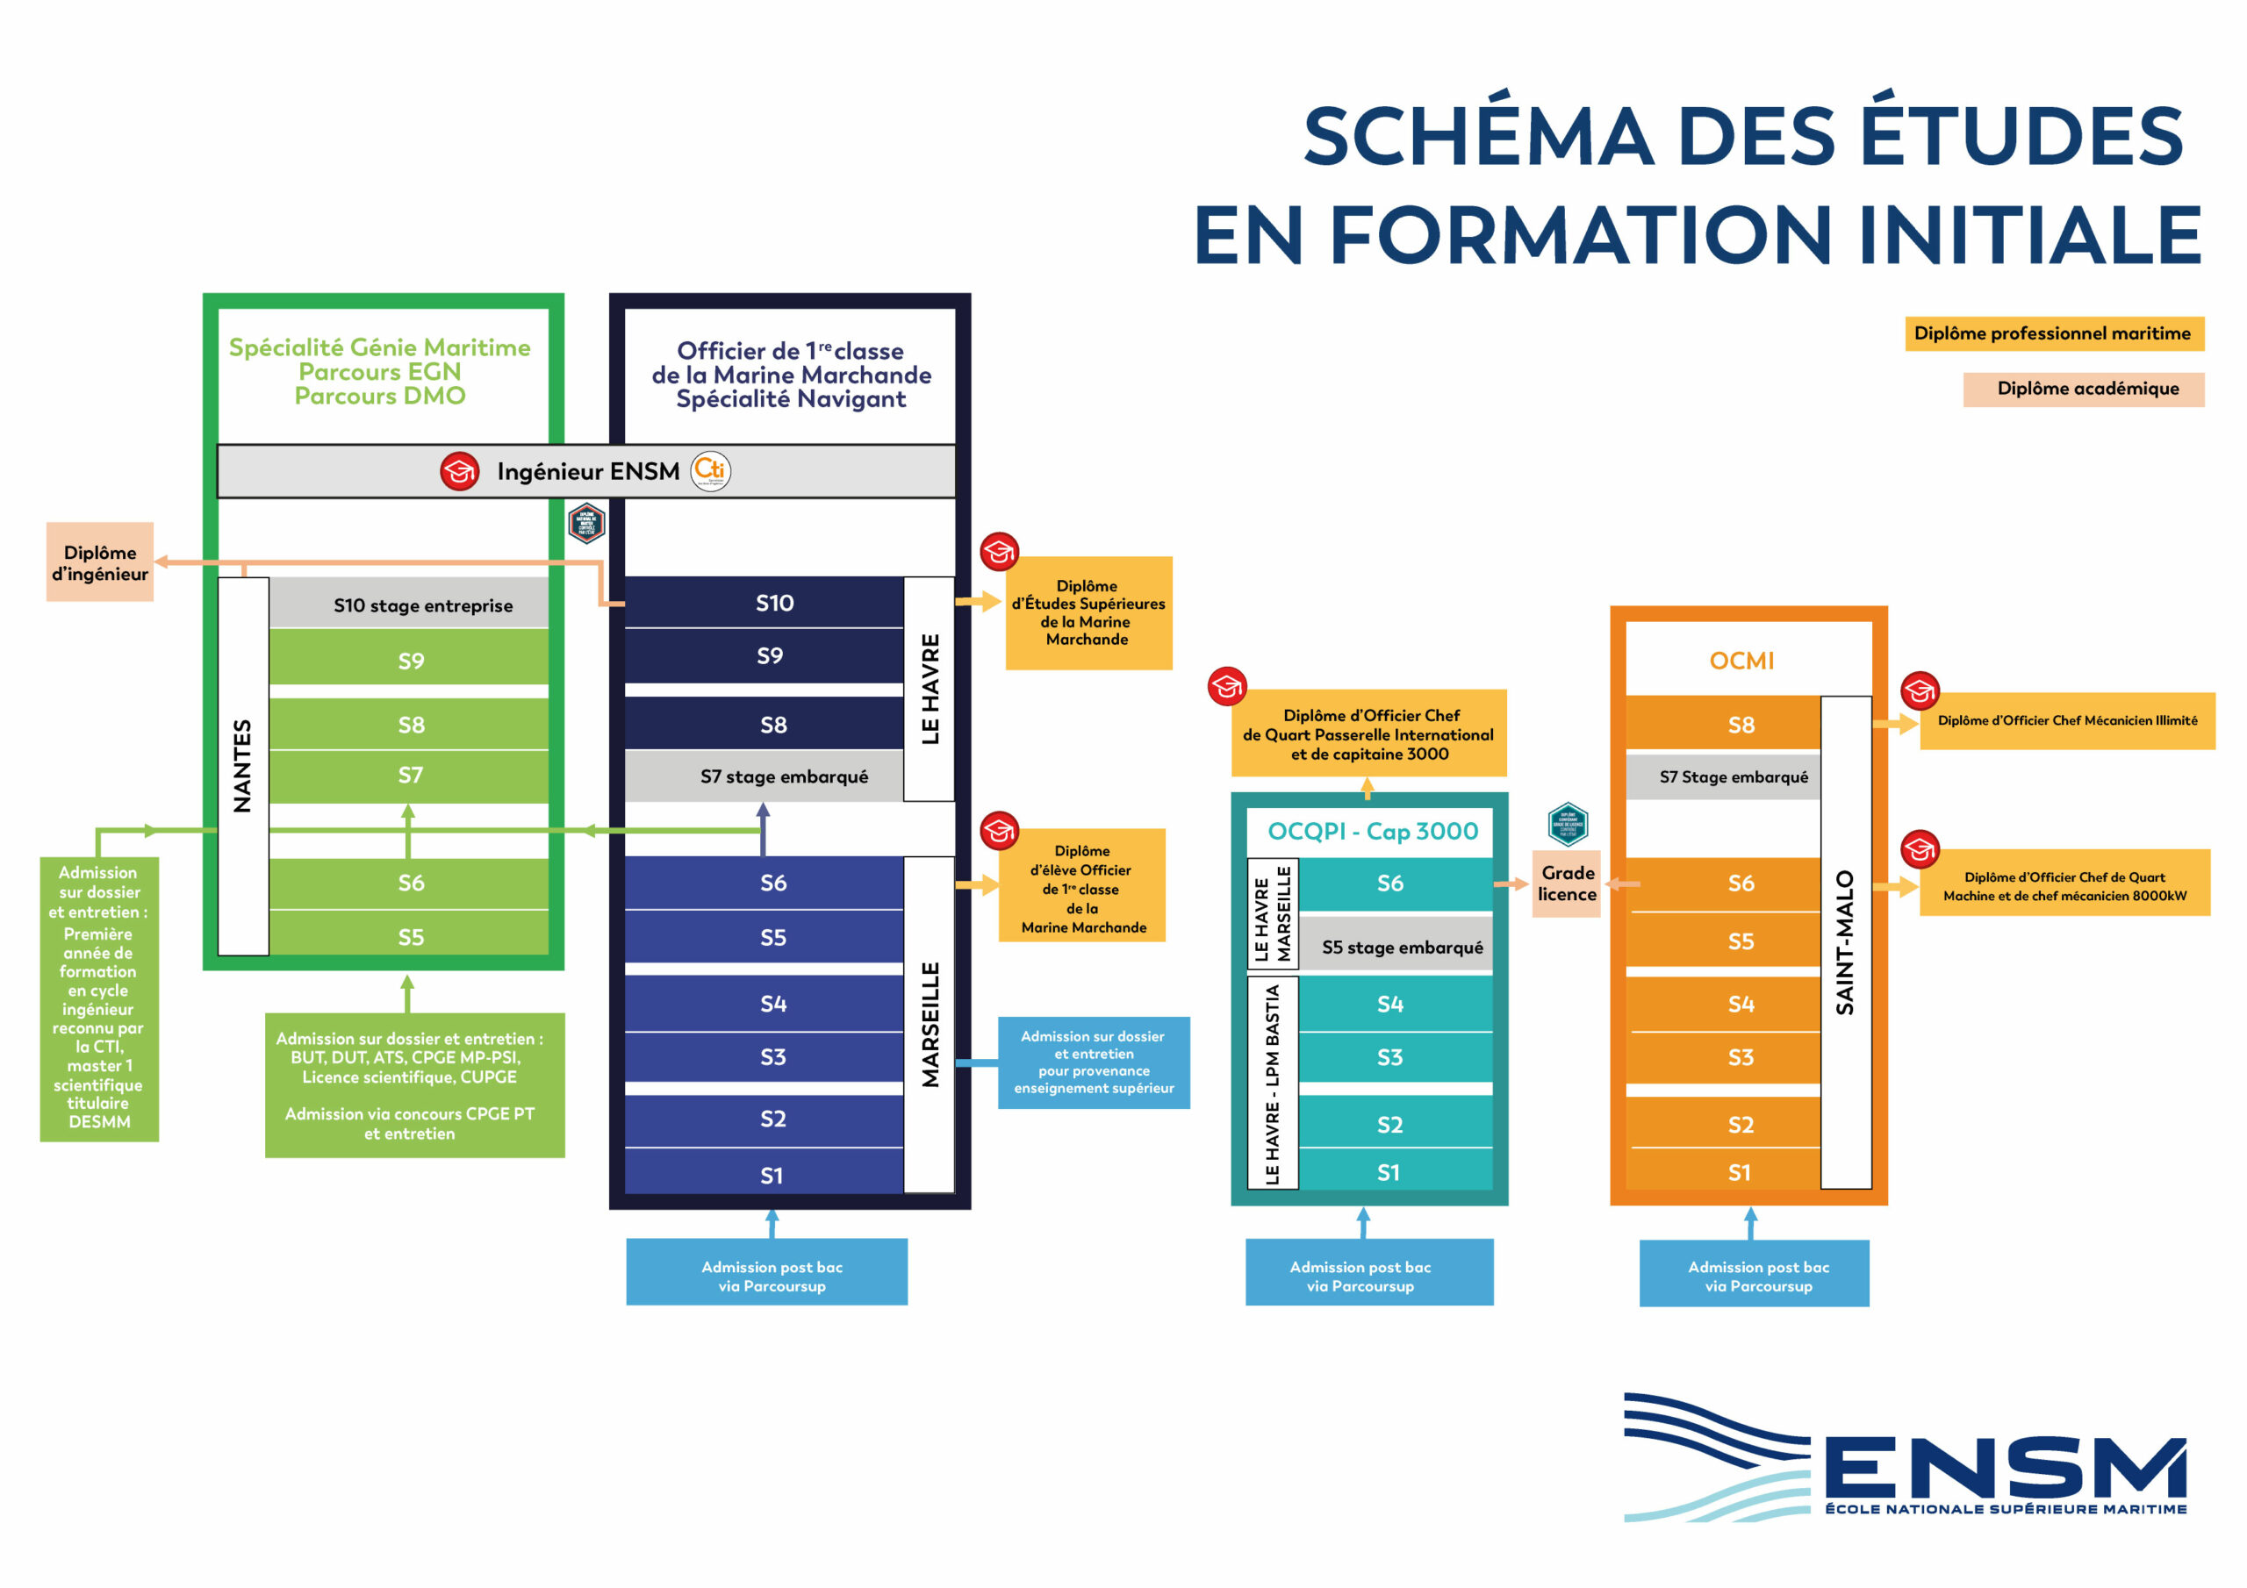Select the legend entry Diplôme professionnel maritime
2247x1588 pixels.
click(x=2053, y=333)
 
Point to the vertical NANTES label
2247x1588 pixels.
click(x=243, y=765)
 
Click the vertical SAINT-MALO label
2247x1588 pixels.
click(x=1845, y=941)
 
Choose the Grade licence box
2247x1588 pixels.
click(x=1566, y=883)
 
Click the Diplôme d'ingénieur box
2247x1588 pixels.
click(x=100, y=562)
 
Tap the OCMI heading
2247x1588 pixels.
click(x=1741, y=662)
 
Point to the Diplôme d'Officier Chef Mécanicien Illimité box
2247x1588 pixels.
click(x=2066, y=721)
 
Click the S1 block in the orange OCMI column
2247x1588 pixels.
click(x=1738, y=1172)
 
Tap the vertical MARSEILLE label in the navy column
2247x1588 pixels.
click(x=930, y=1024)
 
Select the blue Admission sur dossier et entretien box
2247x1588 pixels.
click(x=1093, y=1062)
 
